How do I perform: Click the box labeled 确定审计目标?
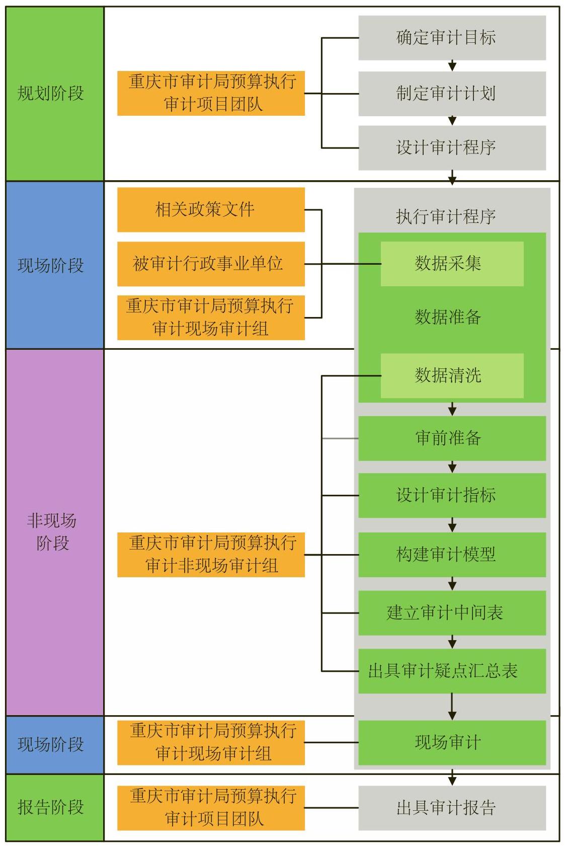452,38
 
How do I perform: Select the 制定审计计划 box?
452,94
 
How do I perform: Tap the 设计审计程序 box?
452,147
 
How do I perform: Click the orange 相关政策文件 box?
211,210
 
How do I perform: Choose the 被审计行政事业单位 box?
211,264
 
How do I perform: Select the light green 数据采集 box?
452,264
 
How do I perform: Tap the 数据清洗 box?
452,375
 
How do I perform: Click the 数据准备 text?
448,318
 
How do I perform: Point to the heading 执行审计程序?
446,216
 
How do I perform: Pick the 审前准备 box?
452,438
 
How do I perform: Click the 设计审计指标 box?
452,495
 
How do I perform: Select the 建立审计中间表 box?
452,613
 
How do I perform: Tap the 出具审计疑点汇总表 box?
452,671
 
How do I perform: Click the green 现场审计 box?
452,742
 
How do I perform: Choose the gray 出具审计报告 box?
452,808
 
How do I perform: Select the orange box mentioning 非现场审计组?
211,555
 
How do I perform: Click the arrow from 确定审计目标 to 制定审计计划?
452,65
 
